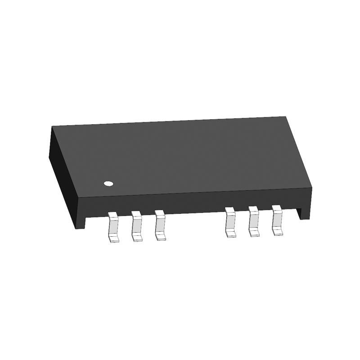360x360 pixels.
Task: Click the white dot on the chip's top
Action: click(108, 183)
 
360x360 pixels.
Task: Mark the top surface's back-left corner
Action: click(52, 127)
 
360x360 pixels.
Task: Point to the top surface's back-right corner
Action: click(287, 117)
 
